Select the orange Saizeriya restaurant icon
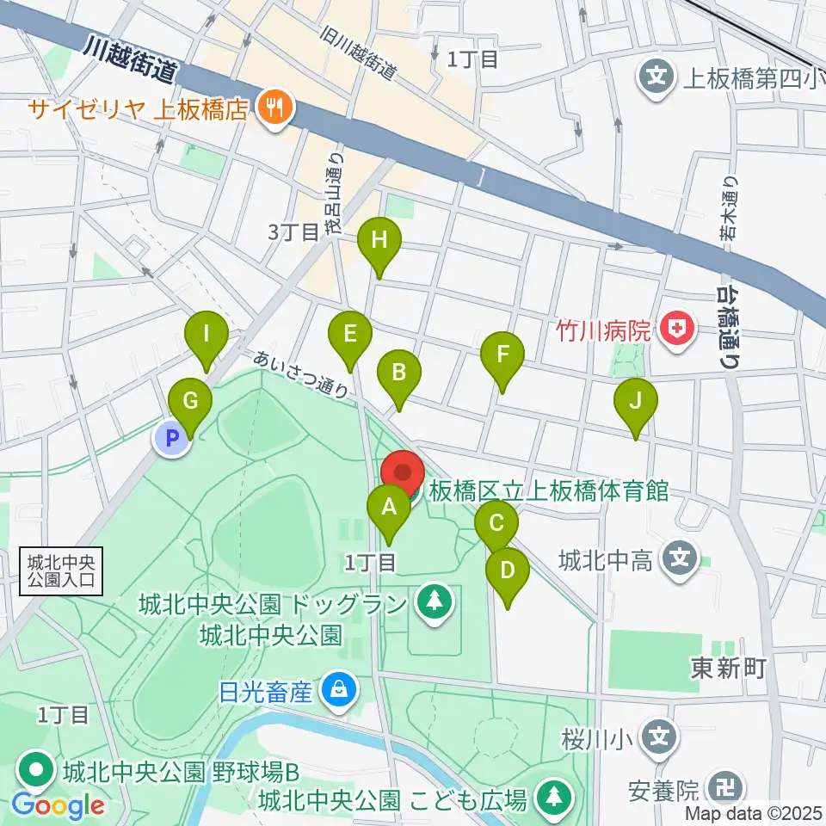tap(277, 109)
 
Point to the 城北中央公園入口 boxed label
tap(61, 572)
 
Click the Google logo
tap(59, 805)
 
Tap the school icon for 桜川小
tap(658, 737)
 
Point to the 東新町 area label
tap(727, 669)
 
